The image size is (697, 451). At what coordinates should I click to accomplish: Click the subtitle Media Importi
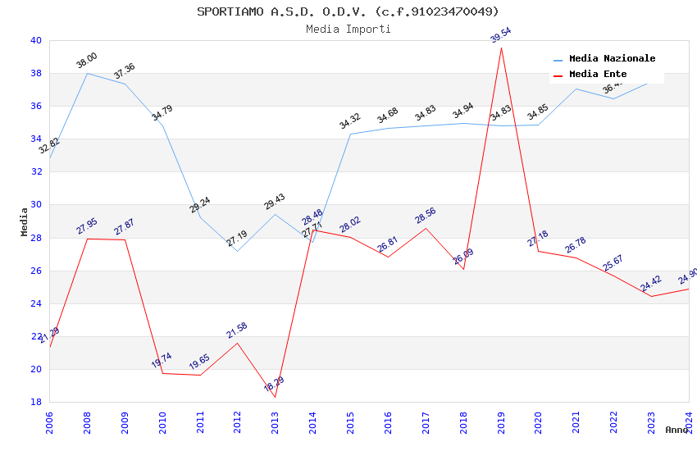[x=348, y=29]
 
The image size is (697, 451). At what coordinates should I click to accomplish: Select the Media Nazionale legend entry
[x=612, y=59]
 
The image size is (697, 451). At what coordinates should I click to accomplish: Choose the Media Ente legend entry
[x=597, y=75]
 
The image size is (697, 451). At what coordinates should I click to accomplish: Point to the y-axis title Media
[x=25, y=221]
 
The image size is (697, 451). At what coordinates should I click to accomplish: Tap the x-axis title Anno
[x=676, y=430]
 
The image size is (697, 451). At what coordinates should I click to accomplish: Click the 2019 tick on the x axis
[x=501, y=421]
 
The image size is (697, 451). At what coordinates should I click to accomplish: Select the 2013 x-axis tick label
[x=275, y=421]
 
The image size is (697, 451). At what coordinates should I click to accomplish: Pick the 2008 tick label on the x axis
[x=87, y=421]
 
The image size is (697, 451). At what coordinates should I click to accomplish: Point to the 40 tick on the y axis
[x=35, y=40]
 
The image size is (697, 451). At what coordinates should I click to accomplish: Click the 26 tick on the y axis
[x=35, y=271]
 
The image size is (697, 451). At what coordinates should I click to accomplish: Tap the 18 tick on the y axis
[x=35, y=402]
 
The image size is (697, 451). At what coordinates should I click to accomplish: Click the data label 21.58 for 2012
[x=237, y=330]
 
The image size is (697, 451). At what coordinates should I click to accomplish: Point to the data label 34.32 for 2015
[x=350, y=122]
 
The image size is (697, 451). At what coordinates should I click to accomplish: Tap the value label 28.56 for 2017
[x=426, y=216]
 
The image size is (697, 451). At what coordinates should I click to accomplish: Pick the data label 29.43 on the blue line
[x=275, y=202]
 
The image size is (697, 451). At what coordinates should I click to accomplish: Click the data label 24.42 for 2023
[x=651, y=284]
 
